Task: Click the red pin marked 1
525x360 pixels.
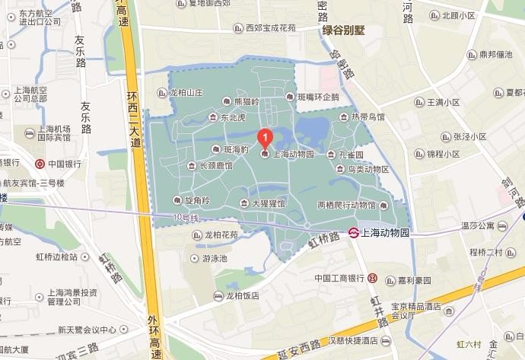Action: pyautogui.click(x=265, y=139)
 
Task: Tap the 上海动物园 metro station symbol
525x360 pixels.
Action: pyautogui.click(x=354, y=232)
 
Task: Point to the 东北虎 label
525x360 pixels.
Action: pyautogui.click(x=233, y=118)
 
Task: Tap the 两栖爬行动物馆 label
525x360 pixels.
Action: pyautogui.click(x=346, y=205)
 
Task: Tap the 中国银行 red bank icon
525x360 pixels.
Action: pyautogui.click(x=40, y=163)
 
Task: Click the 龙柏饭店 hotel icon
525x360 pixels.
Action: pyautogui.click(x=219, y=296)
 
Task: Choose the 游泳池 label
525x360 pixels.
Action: pyautogui.click(x=215, y=258)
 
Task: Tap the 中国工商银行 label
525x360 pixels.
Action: pyautogui.click(x=339, y=279)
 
